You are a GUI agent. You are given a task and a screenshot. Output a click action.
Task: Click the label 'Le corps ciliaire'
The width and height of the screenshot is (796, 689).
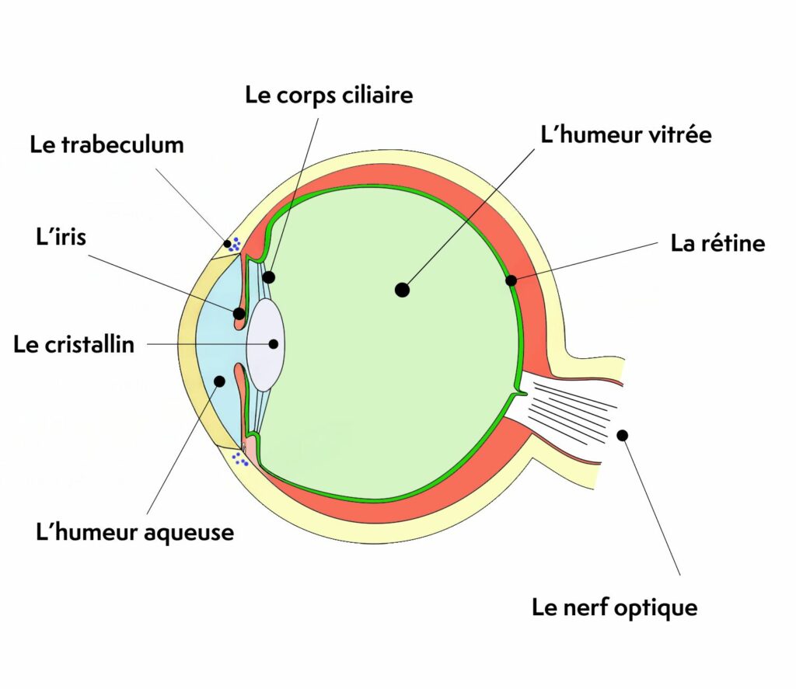click(x=329, y=96)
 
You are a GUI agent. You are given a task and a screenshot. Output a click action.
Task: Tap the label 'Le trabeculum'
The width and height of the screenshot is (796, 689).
click(x=106, y=144)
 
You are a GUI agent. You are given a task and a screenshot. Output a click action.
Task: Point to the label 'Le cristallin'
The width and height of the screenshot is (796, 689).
click(x=74, y=344)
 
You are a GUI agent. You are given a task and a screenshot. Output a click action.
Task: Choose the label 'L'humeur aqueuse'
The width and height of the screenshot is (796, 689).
click(x=135, y=533)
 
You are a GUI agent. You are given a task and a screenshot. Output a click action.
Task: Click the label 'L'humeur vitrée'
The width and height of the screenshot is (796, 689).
click(x=626, y=134)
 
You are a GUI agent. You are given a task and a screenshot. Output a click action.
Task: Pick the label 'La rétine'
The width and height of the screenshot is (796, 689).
click(x=717, y=243)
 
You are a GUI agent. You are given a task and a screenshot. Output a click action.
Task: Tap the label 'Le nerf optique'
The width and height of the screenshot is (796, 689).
click(x=614, y=607)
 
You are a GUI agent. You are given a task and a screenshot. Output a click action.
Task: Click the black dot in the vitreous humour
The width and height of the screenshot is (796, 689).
click(x=402, y=290)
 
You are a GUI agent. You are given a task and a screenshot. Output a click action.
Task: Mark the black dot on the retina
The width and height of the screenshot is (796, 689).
click(x=511, y=280)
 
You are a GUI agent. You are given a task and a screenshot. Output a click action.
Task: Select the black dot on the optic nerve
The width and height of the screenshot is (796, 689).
click(x=622, y=435)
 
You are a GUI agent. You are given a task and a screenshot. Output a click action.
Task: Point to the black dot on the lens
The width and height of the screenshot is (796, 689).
click(x=274, y=343)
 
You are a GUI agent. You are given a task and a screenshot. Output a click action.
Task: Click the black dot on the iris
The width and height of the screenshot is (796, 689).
click(x=239, y=314)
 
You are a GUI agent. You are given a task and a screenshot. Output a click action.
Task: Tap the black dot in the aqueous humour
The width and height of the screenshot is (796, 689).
click(x=219, y=381)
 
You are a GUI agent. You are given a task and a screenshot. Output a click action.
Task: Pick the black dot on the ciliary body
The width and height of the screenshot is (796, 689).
click(x=268, y=277)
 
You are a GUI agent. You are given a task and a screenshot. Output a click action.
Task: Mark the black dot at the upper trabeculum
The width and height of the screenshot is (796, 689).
click(x=228, y=244)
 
